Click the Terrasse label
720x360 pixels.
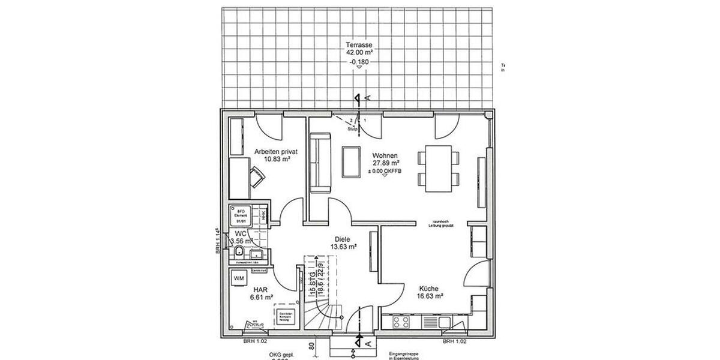[x=359, y=45]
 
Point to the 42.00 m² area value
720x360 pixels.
[x=359, y=52]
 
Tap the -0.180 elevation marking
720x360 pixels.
[x=359, y=61]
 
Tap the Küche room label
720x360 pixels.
[x=430, y=287]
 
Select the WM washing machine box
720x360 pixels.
[x=239, y=278]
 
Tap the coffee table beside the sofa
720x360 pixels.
[x=350, y=161]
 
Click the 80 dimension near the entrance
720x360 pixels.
[x=313, y=346]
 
